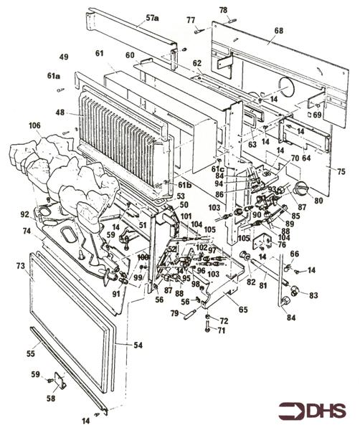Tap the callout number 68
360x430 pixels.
(x=278, y=31)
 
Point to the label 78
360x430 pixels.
(x=223, y=10)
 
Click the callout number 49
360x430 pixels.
(x=64, y=57)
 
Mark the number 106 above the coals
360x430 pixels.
(x=34, y=126)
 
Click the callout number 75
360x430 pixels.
(x=341, y=172)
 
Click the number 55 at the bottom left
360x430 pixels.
(x=30, y=354)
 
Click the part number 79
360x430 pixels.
(x=174, y=312)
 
